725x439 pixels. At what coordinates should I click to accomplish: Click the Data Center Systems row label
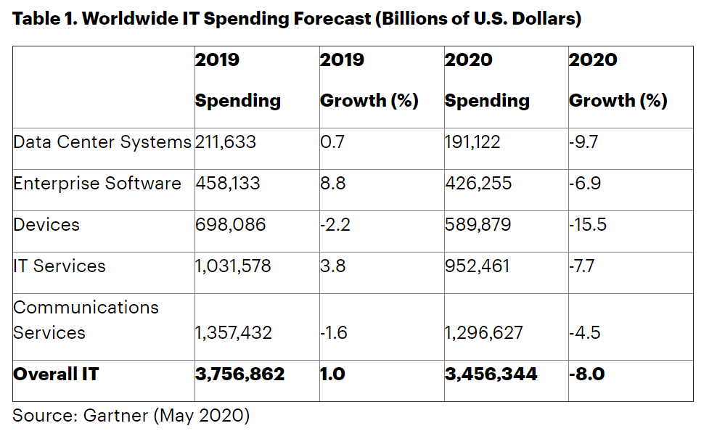point(102,142)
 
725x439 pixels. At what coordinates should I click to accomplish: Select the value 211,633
point(225,142)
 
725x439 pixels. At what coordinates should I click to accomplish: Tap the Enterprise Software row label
point(97,184)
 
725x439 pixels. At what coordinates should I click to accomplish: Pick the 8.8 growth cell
point(332,184)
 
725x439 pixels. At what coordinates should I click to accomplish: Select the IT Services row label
point(60,266)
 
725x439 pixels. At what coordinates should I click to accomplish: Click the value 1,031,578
point(233,266)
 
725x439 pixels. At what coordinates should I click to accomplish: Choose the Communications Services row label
point(86,320)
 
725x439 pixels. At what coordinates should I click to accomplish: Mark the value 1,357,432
point(234,333)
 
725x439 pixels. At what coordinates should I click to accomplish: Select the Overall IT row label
point(56,374)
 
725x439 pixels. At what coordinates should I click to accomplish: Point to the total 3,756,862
point(240,374)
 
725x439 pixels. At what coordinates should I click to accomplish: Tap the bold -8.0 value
point(587,374)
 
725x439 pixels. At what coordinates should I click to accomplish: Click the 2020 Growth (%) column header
point(618,80)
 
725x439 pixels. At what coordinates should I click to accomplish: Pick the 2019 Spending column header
point(237,80)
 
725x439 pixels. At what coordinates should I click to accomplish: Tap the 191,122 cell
point(472,142)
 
